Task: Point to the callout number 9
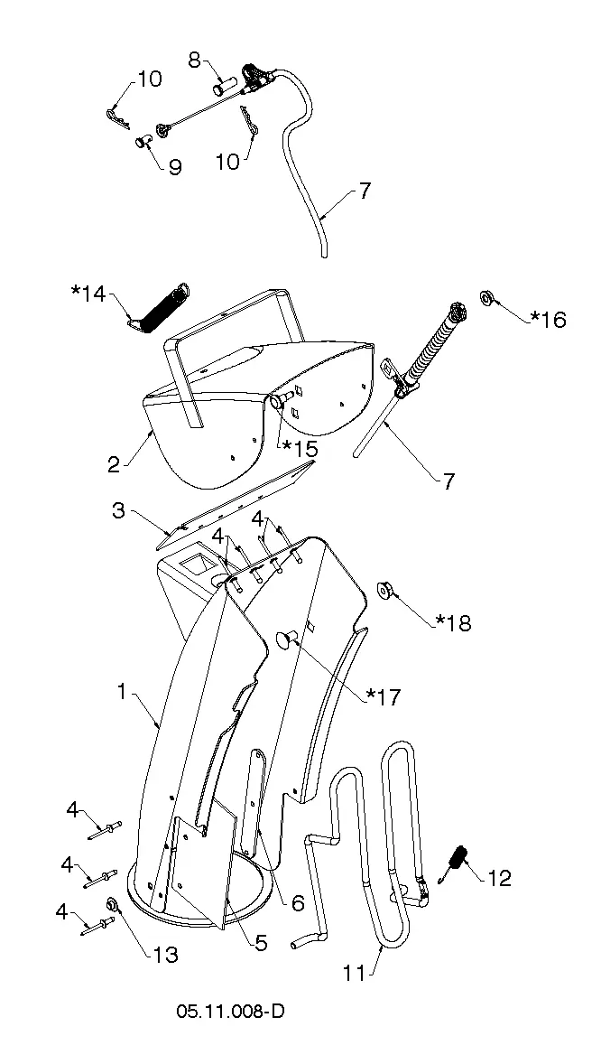[175, 167]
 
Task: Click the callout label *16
[548, 319]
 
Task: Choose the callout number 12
[499, 879]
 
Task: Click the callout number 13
[162, 955]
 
